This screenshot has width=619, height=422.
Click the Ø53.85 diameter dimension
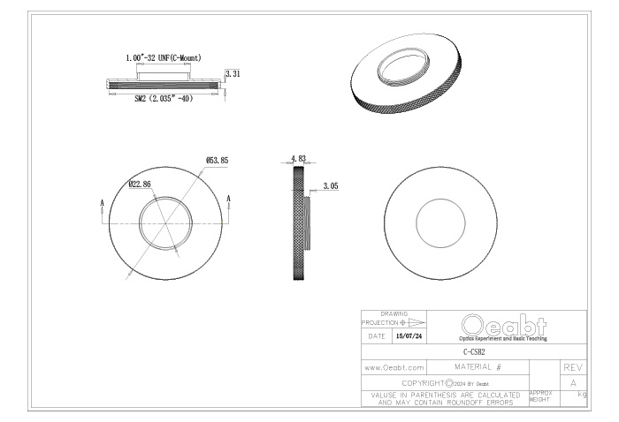[x=218, y=161]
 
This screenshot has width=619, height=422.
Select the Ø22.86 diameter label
[x=140, y=184]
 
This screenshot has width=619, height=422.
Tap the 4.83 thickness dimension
[x=299, y=158]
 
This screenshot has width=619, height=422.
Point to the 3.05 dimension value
[x=331, y=186]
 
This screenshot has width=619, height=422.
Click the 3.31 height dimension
[x=233, y=73]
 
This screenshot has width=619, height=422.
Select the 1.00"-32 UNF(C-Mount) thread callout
[x=164, y=58]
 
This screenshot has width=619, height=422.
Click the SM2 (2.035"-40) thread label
[x=164, y=98]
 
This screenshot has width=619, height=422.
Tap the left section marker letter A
[x=103, y=203]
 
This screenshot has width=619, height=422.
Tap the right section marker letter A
[x=228, y=199]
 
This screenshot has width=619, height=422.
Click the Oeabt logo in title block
[x=504, y=327]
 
